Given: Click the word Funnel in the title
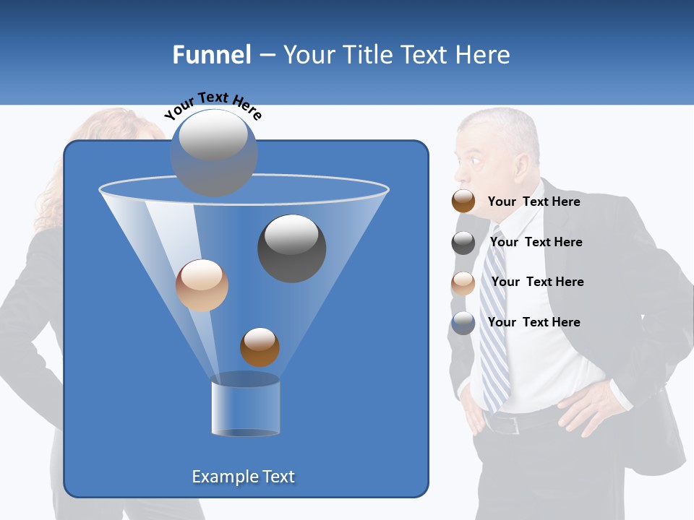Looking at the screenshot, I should click(212, 55).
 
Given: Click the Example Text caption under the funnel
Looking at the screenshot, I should click(244, 477).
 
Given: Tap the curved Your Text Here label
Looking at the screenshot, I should click(213, 105).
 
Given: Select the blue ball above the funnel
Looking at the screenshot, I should click(214, 153).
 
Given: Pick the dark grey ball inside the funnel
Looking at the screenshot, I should click(292, 248).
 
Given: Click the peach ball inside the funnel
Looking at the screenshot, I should click(202, 285).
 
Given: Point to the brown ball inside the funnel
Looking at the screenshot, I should click(260, 347).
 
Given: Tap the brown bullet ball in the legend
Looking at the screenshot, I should click(463, 201).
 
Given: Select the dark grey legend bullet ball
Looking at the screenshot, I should click(463, 243).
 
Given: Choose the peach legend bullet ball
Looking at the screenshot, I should click(463, 283).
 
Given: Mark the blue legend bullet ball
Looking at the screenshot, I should click(463, 323).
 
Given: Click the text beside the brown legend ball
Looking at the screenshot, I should click(534, 201).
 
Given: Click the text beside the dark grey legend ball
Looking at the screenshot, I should click(536, 242).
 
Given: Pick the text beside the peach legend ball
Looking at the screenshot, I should click(537, 282).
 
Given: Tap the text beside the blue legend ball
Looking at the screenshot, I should click(534, 322).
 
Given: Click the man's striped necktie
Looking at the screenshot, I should click(495, 318).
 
